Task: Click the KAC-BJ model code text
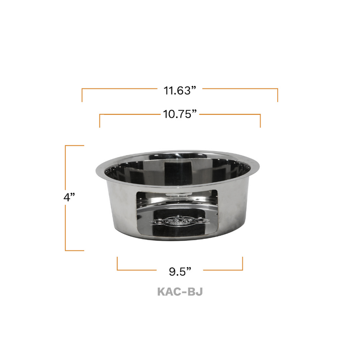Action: point(180,292)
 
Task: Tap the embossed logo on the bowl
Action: point(180,221)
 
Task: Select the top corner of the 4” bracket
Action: point(66,146)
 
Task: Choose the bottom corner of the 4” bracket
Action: point(66,250)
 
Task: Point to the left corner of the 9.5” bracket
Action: point(117,270)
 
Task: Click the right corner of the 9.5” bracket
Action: point(243,270)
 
